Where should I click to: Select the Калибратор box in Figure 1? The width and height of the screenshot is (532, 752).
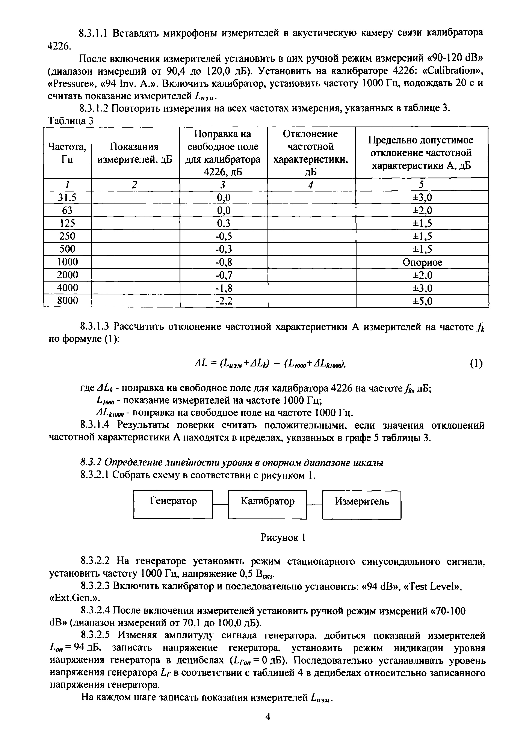pos(267,504)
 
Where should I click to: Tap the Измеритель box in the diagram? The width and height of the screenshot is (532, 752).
pos(362,504)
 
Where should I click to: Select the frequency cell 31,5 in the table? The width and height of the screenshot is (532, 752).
pos(67,197)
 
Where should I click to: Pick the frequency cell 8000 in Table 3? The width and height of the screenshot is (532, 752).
pos(67,301)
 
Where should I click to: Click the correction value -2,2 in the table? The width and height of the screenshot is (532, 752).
pos(224,301)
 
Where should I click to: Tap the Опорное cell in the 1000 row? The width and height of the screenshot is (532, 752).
pos(422,262)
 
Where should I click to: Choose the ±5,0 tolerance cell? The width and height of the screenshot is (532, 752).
pos(422,301)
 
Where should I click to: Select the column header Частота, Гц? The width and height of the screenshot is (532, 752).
pos(67,153)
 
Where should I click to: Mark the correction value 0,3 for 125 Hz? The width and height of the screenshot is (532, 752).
pos(224,223)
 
